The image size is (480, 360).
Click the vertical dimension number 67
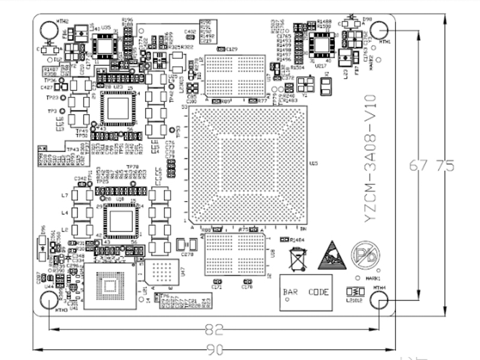coord(419,164)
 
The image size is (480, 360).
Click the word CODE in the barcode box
coord(319,292)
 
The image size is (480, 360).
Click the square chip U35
coord(106,43)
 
